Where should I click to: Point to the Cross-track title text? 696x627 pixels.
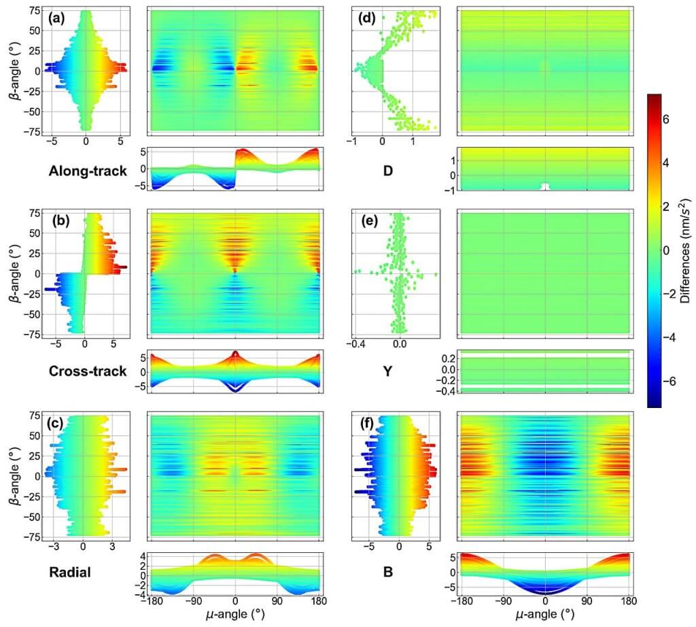pyautogui.click(x=88, y=371)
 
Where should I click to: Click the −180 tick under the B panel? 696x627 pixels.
pyautogui.click(x=462, y=601)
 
